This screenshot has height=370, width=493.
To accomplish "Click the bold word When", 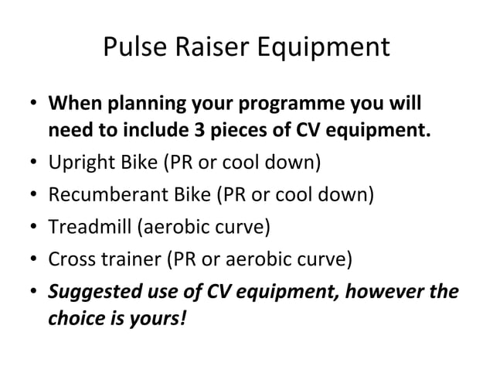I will [73, 103].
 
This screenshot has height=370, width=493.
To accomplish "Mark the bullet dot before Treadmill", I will [34, 226].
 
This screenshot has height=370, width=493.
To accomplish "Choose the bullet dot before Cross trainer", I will [34, 259].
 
